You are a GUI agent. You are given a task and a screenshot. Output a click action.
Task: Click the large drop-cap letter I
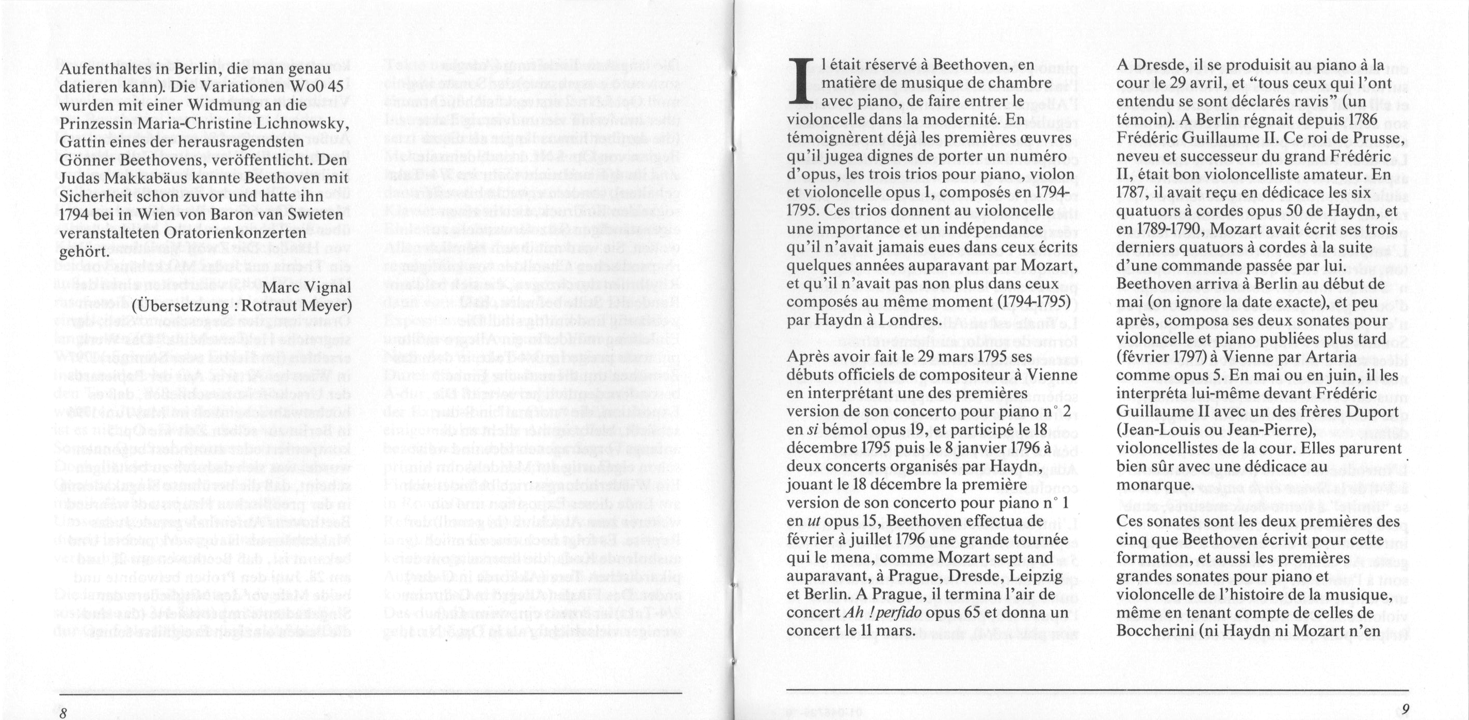[x=802, y=84]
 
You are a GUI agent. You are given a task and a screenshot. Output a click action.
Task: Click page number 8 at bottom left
[x=63, y=713]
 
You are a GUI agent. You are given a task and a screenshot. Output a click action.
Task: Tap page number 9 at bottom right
[x=1405, y=710]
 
